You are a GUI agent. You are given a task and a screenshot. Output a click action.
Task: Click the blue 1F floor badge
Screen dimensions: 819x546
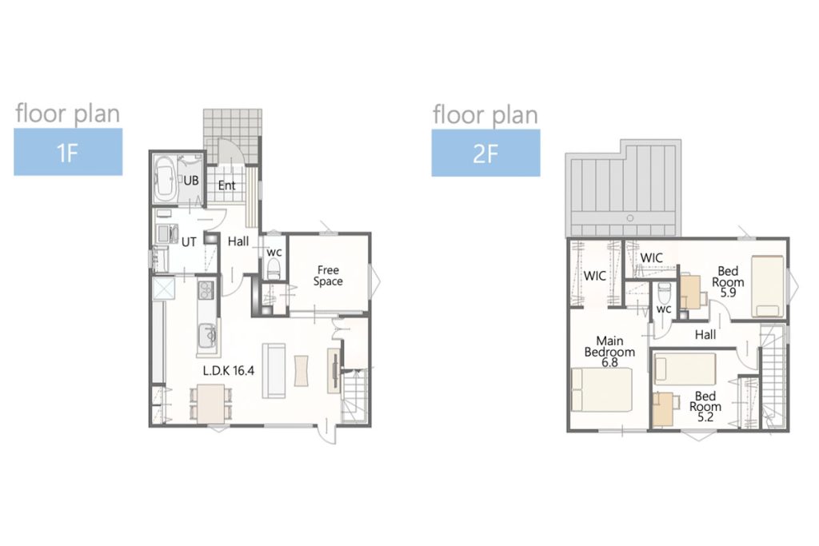[68, 152]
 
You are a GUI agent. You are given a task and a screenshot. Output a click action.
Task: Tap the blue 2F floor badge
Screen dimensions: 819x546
[485, 153]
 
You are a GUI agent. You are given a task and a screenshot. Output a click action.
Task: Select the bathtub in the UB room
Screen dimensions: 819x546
[165, 178]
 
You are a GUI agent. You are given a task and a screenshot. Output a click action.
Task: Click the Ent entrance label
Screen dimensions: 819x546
[226, 185]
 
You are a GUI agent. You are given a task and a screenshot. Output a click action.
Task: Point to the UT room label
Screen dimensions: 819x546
[189, 242]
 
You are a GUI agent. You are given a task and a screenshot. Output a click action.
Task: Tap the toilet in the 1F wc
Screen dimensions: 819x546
[274, 269]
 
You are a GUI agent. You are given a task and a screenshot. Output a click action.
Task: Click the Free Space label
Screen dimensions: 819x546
[328, 276]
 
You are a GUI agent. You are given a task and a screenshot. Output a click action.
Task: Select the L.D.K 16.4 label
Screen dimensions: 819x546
[229, 371]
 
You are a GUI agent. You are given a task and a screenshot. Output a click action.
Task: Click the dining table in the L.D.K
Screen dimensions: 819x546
[211, 404]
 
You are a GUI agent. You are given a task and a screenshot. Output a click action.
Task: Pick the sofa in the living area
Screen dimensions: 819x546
[274, 371]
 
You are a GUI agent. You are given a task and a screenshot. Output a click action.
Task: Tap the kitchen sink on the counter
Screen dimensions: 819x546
[208, 335]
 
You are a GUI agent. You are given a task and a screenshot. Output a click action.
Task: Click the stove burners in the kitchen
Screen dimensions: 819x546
[206, 291]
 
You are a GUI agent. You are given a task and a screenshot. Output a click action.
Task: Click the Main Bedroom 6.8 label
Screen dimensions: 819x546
[609, 351]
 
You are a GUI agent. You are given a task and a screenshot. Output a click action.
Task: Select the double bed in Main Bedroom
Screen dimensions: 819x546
[601, 389]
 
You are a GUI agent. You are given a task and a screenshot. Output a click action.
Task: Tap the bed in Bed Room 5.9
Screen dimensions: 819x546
[767, 286]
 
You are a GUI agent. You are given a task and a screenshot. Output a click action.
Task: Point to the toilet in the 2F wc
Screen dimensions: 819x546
[664, 293]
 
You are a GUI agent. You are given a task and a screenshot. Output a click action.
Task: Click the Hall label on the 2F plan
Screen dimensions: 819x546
[705, 335]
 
